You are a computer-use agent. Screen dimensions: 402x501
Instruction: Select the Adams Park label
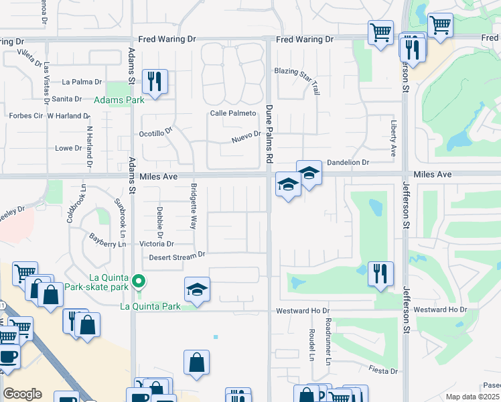click(119, 100)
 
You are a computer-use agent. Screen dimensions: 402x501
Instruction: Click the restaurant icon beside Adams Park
click(155, 82)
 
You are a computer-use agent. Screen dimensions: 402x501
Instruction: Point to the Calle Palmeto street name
click(233, 113)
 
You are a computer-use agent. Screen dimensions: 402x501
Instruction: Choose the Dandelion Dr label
click(348, 163)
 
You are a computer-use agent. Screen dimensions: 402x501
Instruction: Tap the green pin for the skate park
click(139, 281)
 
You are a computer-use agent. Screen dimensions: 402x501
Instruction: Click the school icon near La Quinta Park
click(197, 289)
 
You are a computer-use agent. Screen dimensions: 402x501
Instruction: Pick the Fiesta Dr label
click(384, 371)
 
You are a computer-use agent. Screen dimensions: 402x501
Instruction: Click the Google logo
click(22, 394)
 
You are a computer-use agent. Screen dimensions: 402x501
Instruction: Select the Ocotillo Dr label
click(155, 133)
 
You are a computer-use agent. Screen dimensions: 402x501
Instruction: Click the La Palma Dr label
click(82, 82)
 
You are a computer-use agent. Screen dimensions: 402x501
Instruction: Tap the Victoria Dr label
click(157, 244)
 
